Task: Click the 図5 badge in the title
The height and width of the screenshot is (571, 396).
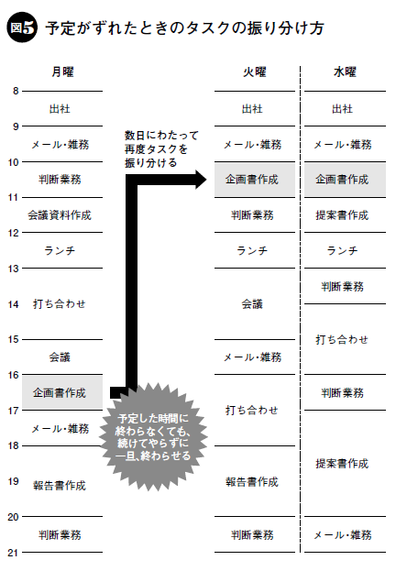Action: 22,27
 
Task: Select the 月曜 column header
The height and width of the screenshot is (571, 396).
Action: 62,71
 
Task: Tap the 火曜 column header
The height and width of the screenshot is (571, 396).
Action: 255,71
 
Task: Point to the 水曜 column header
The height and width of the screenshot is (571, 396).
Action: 345,71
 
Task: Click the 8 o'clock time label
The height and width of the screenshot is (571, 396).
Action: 16,91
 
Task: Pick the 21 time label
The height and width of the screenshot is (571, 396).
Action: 13,553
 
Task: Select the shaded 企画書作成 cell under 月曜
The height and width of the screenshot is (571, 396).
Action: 62,392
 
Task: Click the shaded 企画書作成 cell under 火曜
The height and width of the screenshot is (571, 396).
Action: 255,180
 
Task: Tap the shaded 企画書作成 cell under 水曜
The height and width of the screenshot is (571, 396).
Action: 345,180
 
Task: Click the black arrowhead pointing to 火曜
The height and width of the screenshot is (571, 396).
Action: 201,180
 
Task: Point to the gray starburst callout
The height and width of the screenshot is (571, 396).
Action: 153,437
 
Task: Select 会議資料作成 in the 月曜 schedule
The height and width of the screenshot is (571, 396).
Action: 60,215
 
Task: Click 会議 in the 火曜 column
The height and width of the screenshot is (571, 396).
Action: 252,304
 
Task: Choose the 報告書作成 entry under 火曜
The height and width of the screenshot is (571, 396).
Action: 252,482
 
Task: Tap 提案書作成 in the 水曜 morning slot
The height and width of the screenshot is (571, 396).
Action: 342,215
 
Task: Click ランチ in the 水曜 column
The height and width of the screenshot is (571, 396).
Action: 342,250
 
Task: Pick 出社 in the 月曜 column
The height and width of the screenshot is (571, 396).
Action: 60,108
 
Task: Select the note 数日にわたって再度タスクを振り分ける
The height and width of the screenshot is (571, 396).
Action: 161,149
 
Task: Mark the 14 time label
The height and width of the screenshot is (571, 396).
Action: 13,304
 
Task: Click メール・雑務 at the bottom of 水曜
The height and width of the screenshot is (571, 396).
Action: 343,535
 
